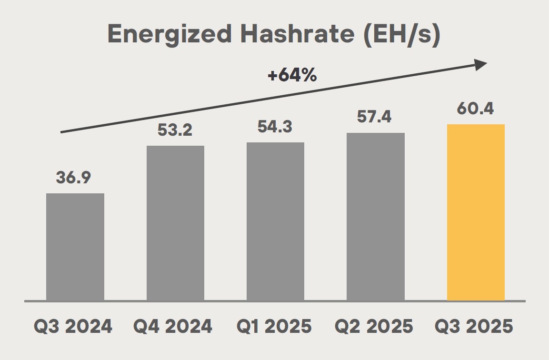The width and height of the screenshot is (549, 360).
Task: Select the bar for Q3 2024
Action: (x=75, y=247)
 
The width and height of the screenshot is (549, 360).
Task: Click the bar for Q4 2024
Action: (x=175, y=223)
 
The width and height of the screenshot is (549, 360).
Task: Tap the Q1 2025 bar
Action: (x=275, y=221)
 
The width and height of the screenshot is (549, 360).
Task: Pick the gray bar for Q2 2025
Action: (x=376, y=217)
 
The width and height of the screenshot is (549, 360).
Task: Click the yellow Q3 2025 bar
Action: (x=476, y=212)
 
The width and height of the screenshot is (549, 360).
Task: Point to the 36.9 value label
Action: (x=73, y=177)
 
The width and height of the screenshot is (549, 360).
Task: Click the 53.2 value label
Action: (x=175, y=130)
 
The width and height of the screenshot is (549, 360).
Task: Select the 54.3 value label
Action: (x=275, y=126)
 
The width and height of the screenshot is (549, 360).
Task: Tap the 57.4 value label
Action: (x=375, y=117)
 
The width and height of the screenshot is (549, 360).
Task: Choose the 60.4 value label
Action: (x=475, y=108)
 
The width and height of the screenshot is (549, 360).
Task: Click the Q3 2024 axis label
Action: (x=73, y=326)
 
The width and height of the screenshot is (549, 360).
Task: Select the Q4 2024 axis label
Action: (x=173, y=326)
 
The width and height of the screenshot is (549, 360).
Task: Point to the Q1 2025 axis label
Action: (x=274, y=326)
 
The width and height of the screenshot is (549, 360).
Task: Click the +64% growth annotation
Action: (x=292, y=76)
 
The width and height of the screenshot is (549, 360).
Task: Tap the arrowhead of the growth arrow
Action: (x=481, y=65)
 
